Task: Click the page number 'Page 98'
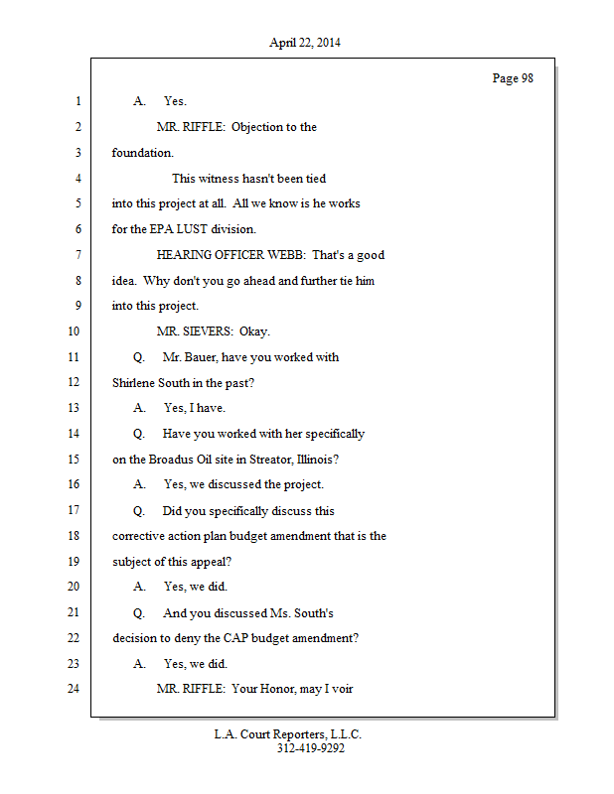tap(513, 78)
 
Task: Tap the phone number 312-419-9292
tap(311, 748)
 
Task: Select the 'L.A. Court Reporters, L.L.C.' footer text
tap(288, 734)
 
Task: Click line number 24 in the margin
tap(73, 688)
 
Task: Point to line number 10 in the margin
tap(73, 331)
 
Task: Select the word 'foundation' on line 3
tap(141, 154)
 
